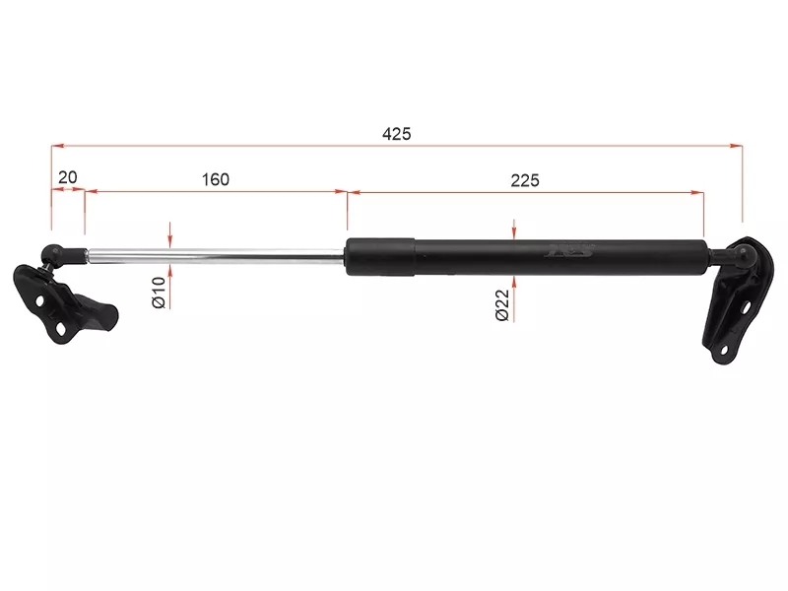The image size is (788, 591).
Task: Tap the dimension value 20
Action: point(68,178)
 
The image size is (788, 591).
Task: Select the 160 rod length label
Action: point(215,179)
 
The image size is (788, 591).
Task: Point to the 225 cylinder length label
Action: point(525,179)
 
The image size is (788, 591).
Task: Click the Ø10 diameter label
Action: point(158,294)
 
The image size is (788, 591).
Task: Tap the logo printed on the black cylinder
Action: point(570,252)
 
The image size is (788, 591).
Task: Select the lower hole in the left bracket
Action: point(61,329)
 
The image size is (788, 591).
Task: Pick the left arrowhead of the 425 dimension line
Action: point(56,146)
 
